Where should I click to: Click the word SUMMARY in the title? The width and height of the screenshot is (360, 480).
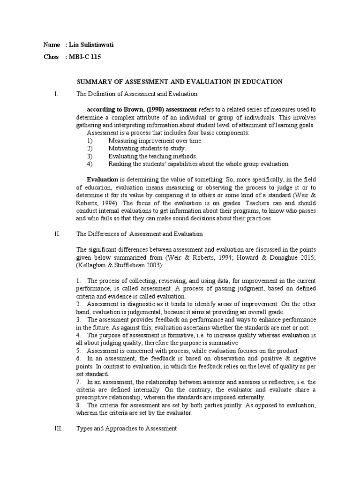(93, 82)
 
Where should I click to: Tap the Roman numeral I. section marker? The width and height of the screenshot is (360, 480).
(56, 94)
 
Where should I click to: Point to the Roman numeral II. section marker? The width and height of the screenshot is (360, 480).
(57, 233)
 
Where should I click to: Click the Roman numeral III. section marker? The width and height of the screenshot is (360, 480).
(58, 428)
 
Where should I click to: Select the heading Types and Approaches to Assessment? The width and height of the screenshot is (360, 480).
(127, 428)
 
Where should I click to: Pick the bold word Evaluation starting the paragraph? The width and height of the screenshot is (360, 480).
(103, 179)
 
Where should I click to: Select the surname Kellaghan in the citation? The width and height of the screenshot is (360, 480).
(93, 265)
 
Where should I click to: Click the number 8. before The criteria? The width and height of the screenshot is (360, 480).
(79, 405)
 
